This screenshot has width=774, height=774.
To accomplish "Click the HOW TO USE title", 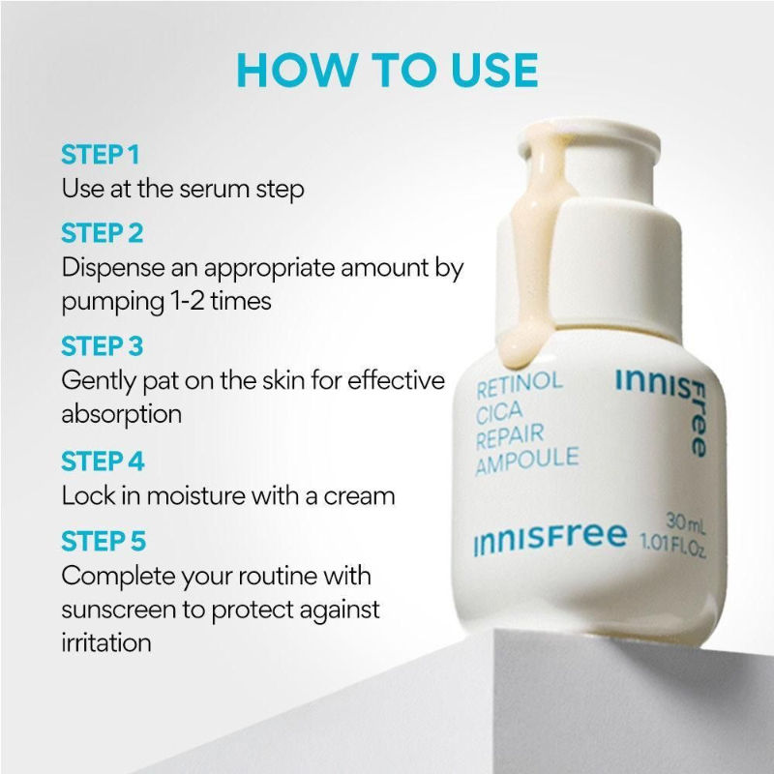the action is pos(388,70).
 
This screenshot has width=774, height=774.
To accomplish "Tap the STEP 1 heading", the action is pos(101,155).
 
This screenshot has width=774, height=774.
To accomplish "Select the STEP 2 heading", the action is pos(103,233).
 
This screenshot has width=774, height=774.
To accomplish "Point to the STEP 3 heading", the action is pos(103,346).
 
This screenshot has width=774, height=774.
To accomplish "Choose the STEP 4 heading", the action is pos(103,461).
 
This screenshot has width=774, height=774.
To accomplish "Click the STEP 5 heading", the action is pos(104,541).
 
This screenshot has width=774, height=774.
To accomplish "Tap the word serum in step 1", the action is pos(214,189).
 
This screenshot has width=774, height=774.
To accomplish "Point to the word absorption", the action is pos(122,415).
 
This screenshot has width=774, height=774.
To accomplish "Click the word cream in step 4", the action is pos(359,496).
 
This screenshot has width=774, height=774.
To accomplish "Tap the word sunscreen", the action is pos(118,610).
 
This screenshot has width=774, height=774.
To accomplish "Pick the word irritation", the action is pos(106,643).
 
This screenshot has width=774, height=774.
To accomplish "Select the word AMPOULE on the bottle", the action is pos(527,461).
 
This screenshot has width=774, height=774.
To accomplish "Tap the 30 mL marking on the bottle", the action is pos(686,523).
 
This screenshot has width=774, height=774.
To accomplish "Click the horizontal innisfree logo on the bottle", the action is pos(550,539).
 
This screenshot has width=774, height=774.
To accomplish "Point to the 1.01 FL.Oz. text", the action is pos(673,546).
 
